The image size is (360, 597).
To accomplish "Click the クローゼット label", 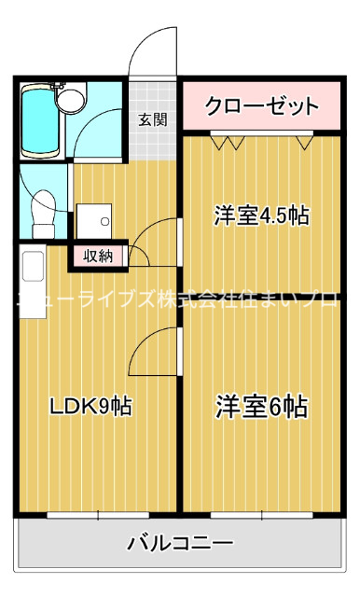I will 261,105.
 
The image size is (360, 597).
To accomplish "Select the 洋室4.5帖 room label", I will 262,215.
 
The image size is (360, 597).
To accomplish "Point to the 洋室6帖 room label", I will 263,407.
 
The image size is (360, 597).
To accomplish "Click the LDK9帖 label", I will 90,407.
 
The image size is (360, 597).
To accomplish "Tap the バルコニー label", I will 180,542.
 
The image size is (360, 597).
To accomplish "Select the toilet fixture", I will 41,212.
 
